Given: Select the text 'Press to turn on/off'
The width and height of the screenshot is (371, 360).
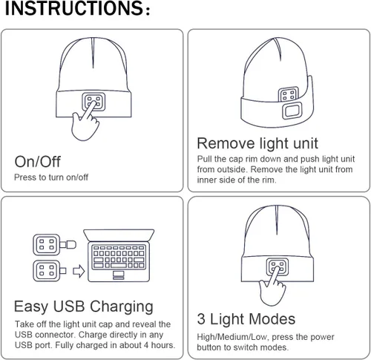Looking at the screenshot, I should pyautogui.click(x=51, y=177).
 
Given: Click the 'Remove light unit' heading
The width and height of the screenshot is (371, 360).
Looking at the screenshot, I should pyautogui.click(x=257, y=143).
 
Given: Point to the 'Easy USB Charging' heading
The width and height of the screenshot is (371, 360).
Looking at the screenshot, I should pyautogui.click(x=84, y=307).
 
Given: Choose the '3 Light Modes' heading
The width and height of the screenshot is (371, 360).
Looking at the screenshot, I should pyautogui.click(x=246, y=319).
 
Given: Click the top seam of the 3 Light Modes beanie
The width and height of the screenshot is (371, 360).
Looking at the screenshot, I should pyautogui.click(x=278, y=222).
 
